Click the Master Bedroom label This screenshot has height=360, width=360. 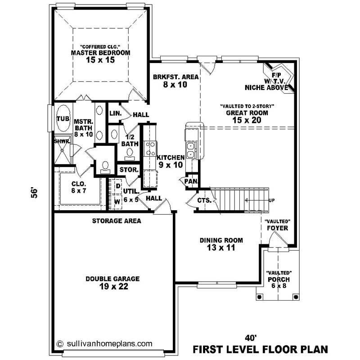click(x=101, y=53)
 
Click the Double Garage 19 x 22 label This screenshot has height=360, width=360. click(x=112, y=283)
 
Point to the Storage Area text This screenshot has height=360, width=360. click(x=117, y=221)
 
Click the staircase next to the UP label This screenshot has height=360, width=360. click(x=238, y=199)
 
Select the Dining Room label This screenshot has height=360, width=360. click(x=221, y=243)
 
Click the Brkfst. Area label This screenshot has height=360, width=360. click(x=175, y=80)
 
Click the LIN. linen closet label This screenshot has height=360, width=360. click(x=116, y=114)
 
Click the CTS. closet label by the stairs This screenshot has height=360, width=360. click(x=204, y=200)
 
